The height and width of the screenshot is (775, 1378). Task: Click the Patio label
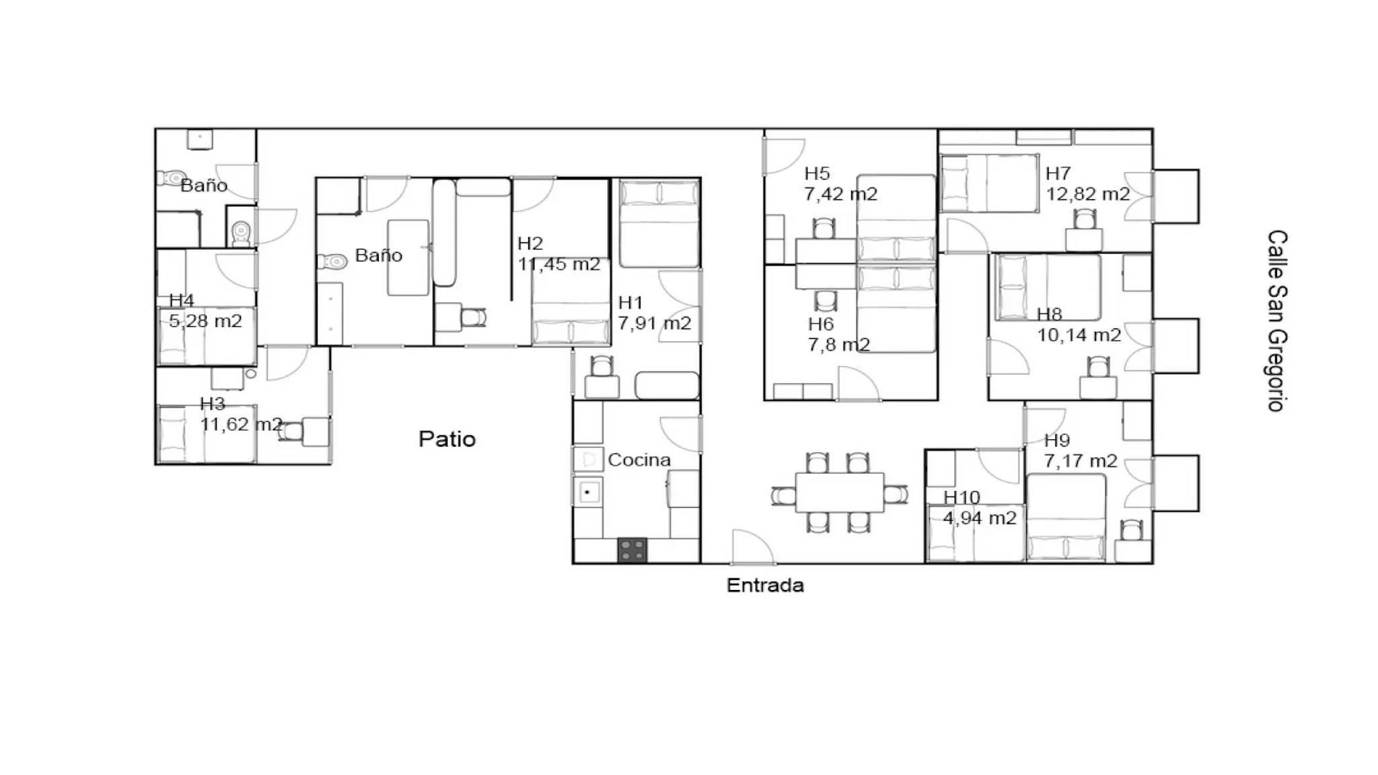pos(447,439)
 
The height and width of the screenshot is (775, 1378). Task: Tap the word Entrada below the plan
pos(765,585)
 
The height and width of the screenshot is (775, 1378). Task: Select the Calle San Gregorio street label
pos(1276,321)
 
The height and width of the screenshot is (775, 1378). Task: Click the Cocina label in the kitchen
pos(639,460)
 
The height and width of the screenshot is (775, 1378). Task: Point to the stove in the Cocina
pos(632,550)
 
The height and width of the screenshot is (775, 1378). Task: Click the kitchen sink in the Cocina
pos(588,492)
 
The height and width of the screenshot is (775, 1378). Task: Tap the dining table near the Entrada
pos(840,493)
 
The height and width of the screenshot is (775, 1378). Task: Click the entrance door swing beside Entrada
pos(752,547)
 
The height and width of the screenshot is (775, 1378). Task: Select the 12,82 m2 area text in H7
pos(1087,194)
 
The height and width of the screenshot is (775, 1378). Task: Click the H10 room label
pos(962,498)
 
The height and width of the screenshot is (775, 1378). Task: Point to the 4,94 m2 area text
pos(980,518)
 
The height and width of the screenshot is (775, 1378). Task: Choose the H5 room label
pos(817,174)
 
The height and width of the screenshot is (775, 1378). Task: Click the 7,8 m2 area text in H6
pos(839,345)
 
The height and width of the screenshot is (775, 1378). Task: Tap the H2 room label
pos(530,244)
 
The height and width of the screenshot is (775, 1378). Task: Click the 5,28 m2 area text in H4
pos(205,322)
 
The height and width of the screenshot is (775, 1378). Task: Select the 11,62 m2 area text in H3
pos(241,425)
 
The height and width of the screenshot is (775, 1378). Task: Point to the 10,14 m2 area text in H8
pos(1079,335)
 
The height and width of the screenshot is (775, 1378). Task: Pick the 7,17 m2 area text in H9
pos(1081,462)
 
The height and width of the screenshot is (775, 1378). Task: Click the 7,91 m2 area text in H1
pos(655,324)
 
